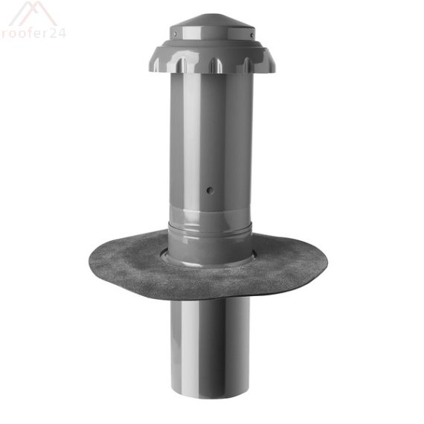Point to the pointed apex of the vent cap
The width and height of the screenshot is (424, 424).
pyautogui.click(x=211, y=13)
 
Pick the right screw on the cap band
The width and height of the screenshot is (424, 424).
pyautogui.click(x=252, y=33)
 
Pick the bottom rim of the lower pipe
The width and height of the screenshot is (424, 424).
pyautogui.click(x=211, y=395)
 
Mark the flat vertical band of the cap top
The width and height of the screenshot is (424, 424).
pyautogui.click(x=212, y=33)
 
